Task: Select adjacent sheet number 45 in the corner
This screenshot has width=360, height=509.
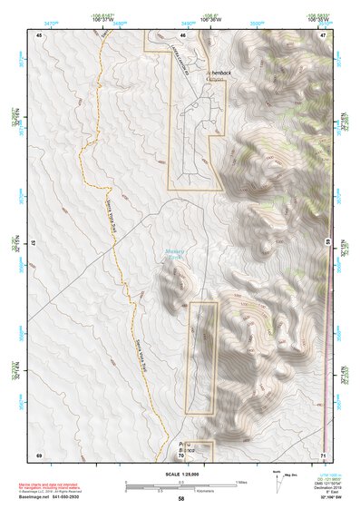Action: (39, 34)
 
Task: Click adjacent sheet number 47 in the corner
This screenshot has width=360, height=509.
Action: (323, 34)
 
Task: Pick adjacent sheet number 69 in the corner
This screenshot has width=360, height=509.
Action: (39, 454)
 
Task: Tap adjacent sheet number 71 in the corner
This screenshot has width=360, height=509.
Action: (323, 454)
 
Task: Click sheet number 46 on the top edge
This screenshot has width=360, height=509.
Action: (182, 34)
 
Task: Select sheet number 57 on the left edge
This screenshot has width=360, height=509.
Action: (34, 243)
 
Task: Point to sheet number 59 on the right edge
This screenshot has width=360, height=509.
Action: (327, 243)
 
